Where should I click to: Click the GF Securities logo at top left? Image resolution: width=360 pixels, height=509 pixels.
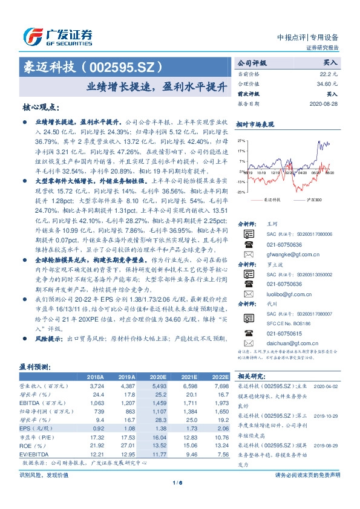pyautogui.click(x=57, y=36)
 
